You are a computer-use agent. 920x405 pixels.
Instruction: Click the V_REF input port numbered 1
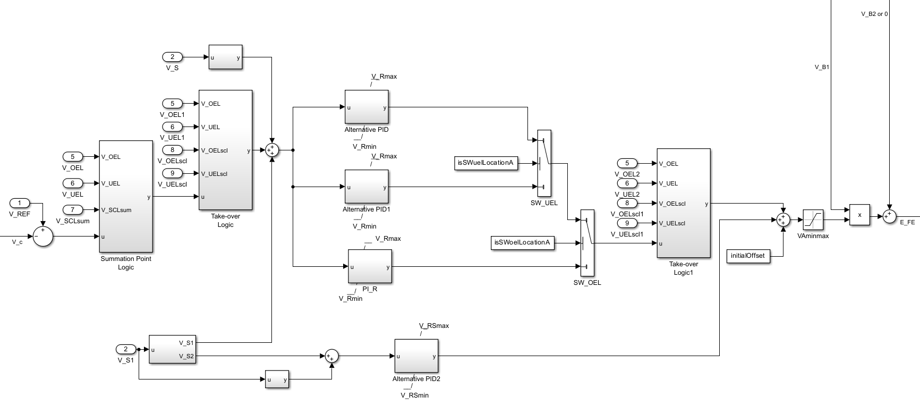click(20, 203)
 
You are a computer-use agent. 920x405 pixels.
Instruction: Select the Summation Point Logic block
click(126, 196)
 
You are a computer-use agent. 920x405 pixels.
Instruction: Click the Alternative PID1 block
click(367, 187)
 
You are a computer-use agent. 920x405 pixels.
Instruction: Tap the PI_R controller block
click(370, 266)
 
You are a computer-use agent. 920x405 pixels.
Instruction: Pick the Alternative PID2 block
click(416, 356)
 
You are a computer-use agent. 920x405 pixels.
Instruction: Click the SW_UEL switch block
click(544, 163)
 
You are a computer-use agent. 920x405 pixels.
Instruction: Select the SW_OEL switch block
click(587, 243)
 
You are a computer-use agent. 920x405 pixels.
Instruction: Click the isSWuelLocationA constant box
click(486, 163)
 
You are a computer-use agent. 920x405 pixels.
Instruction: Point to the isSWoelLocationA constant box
click(522, 243)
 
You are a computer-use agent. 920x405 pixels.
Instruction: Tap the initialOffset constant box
click(748, 256)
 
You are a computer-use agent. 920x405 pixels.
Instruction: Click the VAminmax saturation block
click(813, 220)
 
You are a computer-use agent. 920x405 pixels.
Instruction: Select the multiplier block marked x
click(859, 215)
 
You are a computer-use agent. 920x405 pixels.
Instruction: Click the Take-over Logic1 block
click(683, 203)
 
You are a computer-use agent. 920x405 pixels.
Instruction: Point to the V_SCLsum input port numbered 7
click(73, 210)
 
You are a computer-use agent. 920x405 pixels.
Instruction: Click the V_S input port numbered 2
click(172, 57)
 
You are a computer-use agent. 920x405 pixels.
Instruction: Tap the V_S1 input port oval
click(126, 349)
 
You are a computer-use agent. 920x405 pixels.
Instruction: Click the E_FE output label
click(907, 223)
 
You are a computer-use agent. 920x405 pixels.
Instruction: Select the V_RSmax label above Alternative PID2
click(433, 326)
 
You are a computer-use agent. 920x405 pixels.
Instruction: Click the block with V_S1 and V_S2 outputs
click(172, 349)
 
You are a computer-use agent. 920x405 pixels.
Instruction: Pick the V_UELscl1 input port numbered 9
click(627, 223)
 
